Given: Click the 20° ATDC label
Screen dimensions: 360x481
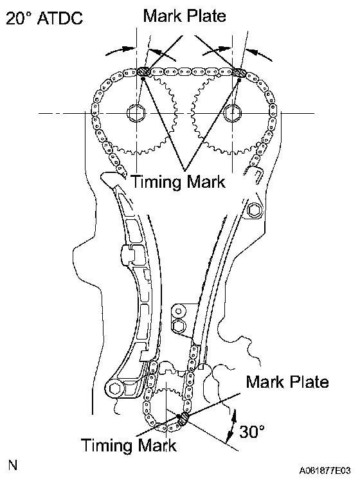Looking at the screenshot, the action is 44,18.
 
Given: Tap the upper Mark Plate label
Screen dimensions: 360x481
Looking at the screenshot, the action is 184,15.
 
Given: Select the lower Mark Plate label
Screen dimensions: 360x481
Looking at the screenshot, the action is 287,382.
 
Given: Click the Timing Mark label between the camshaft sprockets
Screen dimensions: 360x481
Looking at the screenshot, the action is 178,181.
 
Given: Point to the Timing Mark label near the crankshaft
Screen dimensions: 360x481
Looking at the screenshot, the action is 129,445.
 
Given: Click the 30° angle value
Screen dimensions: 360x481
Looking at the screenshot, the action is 252,432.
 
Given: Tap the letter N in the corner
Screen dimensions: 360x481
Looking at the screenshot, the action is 13,466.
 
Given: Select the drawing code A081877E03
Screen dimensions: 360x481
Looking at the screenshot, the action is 325,470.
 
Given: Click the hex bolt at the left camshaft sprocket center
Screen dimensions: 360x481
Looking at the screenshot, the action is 136,113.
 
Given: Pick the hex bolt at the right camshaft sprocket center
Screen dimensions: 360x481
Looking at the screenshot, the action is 232,113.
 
